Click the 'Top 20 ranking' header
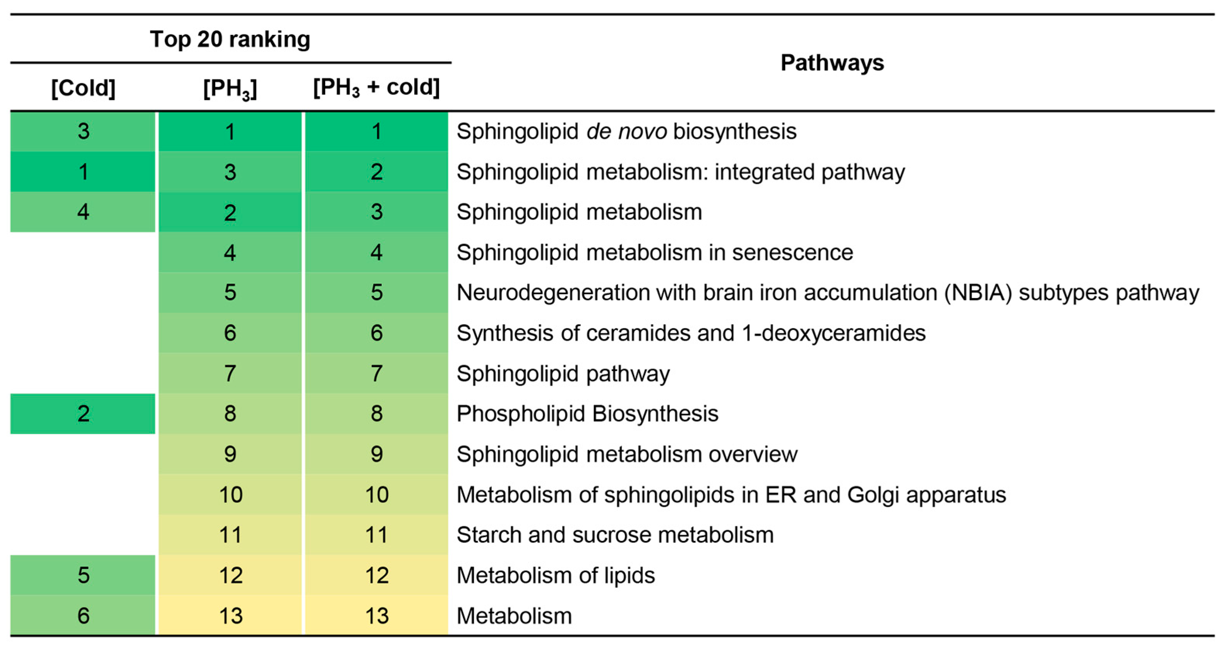230,39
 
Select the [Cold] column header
83,88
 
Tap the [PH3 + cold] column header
376,88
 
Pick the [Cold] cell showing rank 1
83,172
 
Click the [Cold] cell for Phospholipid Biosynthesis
83,414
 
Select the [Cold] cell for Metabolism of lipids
83,575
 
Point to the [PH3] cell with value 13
230,615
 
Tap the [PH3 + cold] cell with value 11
376,535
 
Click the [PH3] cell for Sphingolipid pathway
230,373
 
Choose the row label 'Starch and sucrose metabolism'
615,535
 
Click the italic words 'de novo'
626,131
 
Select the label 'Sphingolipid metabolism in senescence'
655,252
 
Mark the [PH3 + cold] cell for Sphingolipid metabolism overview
376,454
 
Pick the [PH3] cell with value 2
230,212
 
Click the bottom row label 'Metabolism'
514,615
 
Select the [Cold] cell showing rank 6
83,615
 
